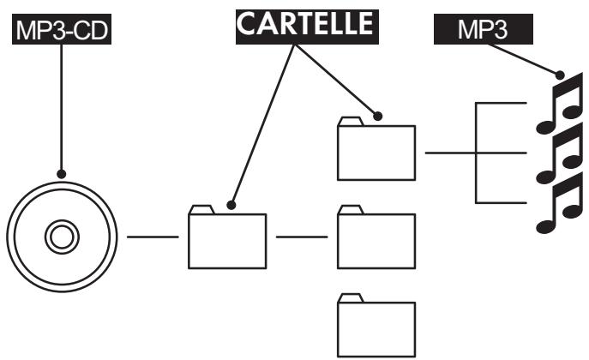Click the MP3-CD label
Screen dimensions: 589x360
click(62, 29)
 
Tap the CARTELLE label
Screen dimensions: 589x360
click(307, 27)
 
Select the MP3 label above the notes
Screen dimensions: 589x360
click(483, 29)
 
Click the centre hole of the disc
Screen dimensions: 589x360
click(62, 237)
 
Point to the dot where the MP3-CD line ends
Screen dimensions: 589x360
click(61, 174)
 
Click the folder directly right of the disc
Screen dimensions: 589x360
click(227, 237)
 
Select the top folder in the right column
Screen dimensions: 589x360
click(376, 148)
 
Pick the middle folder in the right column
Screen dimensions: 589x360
click(376, 237)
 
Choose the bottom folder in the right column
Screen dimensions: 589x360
click(376, 325)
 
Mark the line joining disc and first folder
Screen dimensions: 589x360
click(153, 237)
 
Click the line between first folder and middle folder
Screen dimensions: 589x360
click(302, 237)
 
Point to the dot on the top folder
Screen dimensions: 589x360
click(377, 116)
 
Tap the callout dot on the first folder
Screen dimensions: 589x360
click(231, 205)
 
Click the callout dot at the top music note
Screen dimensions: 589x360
click(560, 75)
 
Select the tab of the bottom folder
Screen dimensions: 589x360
click(351, 297)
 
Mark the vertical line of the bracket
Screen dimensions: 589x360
click(476, 153)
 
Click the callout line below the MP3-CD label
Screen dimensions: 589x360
click(61, 107)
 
